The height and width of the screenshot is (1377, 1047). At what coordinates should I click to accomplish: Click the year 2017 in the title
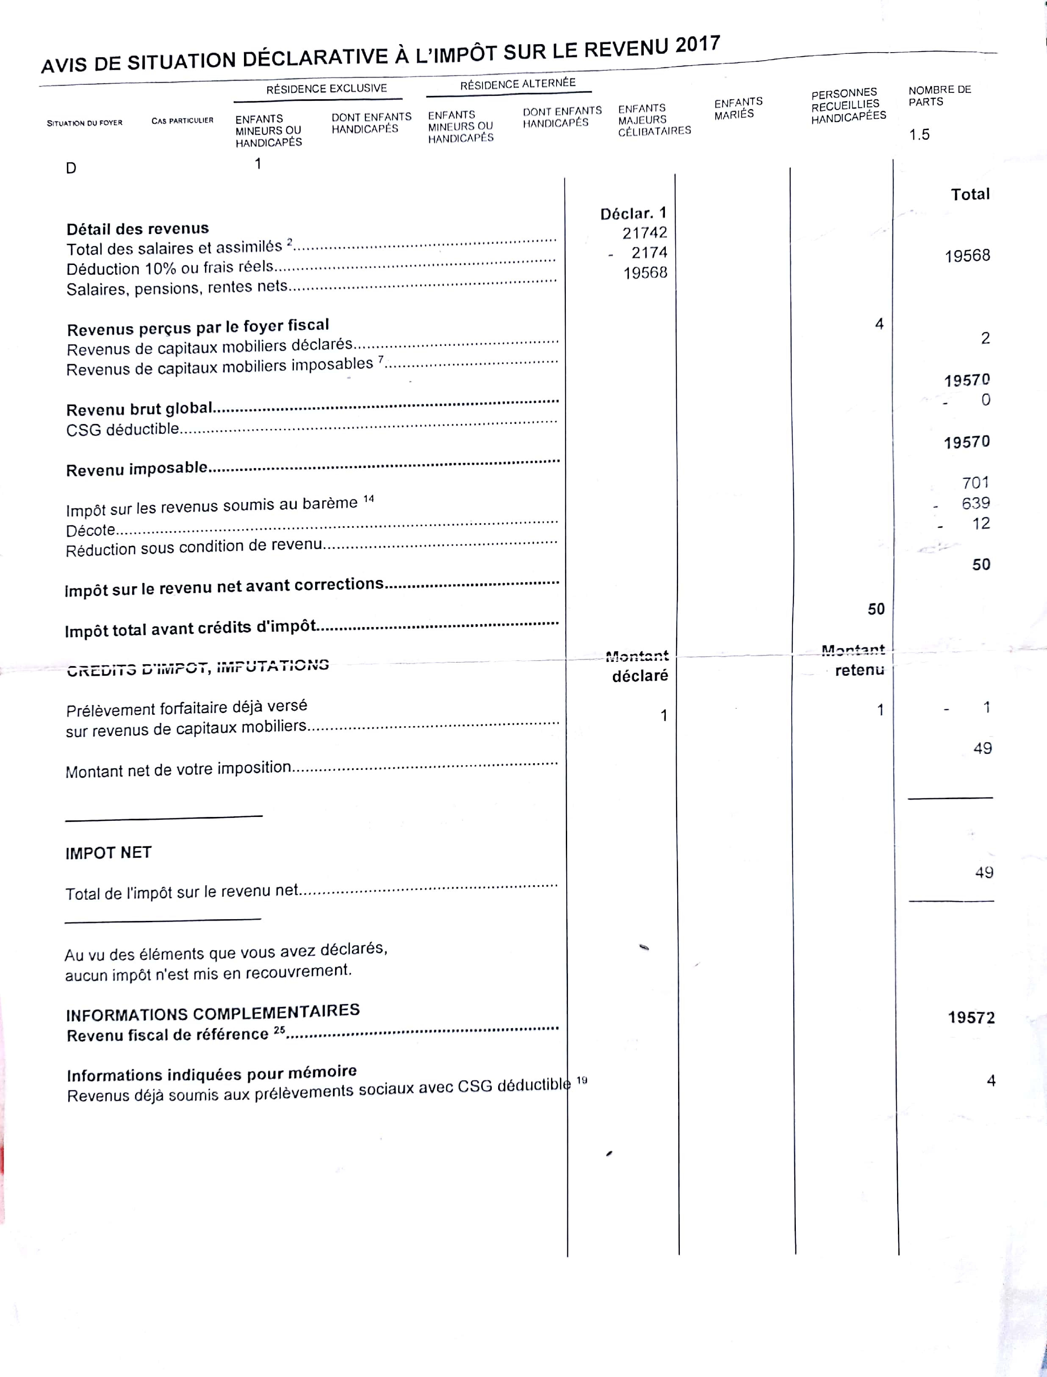coord(698,45)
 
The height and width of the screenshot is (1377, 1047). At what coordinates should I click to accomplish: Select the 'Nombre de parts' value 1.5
coord(919,135)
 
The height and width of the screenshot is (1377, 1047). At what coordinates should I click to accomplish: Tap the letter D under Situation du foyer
coord(71,168)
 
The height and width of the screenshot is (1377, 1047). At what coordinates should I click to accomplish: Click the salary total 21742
coord(644,233)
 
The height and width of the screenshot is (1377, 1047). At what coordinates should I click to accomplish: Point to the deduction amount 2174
coord(649,253)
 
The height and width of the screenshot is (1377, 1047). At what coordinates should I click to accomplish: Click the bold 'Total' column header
coord(970,195)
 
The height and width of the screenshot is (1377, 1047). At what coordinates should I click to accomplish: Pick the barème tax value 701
coord(975,483)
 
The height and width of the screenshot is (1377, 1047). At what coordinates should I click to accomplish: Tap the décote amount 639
coord(975,503)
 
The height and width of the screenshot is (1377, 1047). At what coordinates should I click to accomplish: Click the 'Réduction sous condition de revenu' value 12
coord(981,523)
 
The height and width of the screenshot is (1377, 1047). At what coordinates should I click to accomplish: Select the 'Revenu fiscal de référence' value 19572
coord(971,1018)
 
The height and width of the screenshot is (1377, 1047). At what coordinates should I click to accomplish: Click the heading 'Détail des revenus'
coord(138,229)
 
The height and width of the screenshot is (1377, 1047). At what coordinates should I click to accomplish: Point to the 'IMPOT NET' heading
coord(108,853)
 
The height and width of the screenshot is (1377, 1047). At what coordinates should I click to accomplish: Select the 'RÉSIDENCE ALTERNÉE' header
coord(518,84)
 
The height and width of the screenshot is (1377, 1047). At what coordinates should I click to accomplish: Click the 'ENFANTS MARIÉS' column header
coord(738,108)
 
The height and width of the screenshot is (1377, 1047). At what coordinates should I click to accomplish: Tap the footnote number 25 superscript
coord(279,1031)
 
